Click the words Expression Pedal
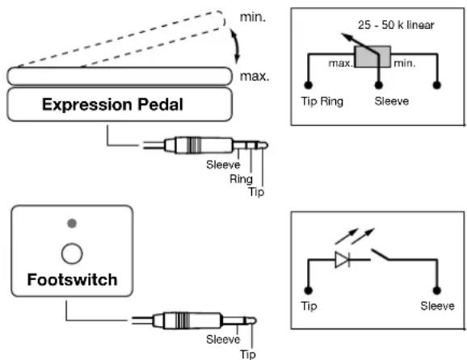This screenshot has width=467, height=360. (x=112, y=105)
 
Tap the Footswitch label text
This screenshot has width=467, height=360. (x=72, y=280)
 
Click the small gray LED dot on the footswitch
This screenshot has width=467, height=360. (x=72, y=223)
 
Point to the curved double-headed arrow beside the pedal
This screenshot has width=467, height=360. (x=235, y=47)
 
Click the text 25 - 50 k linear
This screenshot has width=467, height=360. (x=396, y=25)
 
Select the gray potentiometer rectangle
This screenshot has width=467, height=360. (x=372, y=57)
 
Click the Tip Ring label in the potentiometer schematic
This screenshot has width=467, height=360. (x=322, y=102)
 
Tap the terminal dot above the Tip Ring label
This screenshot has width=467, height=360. (x=309, y=85)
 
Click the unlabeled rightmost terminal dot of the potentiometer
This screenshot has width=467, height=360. (x=436, y=85)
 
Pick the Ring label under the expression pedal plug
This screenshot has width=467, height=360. (x=241, y=179)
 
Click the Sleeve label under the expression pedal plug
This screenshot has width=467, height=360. (x=223, y=165)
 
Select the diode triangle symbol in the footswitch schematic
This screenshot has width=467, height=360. (x=343, y=260)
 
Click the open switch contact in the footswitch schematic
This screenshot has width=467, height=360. (x=380, y=255)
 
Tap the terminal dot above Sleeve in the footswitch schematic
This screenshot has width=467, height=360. (x=436, y=291)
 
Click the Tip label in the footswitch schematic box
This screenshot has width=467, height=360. (x=309, y=306)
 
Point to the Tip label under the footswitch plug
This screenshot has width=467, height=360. (x=248, y=354)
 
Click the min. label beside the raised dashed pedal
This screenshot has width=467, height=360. (x=253, y=17)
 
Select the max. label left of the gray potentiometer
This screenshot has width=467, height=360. (x=341, y=64)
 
